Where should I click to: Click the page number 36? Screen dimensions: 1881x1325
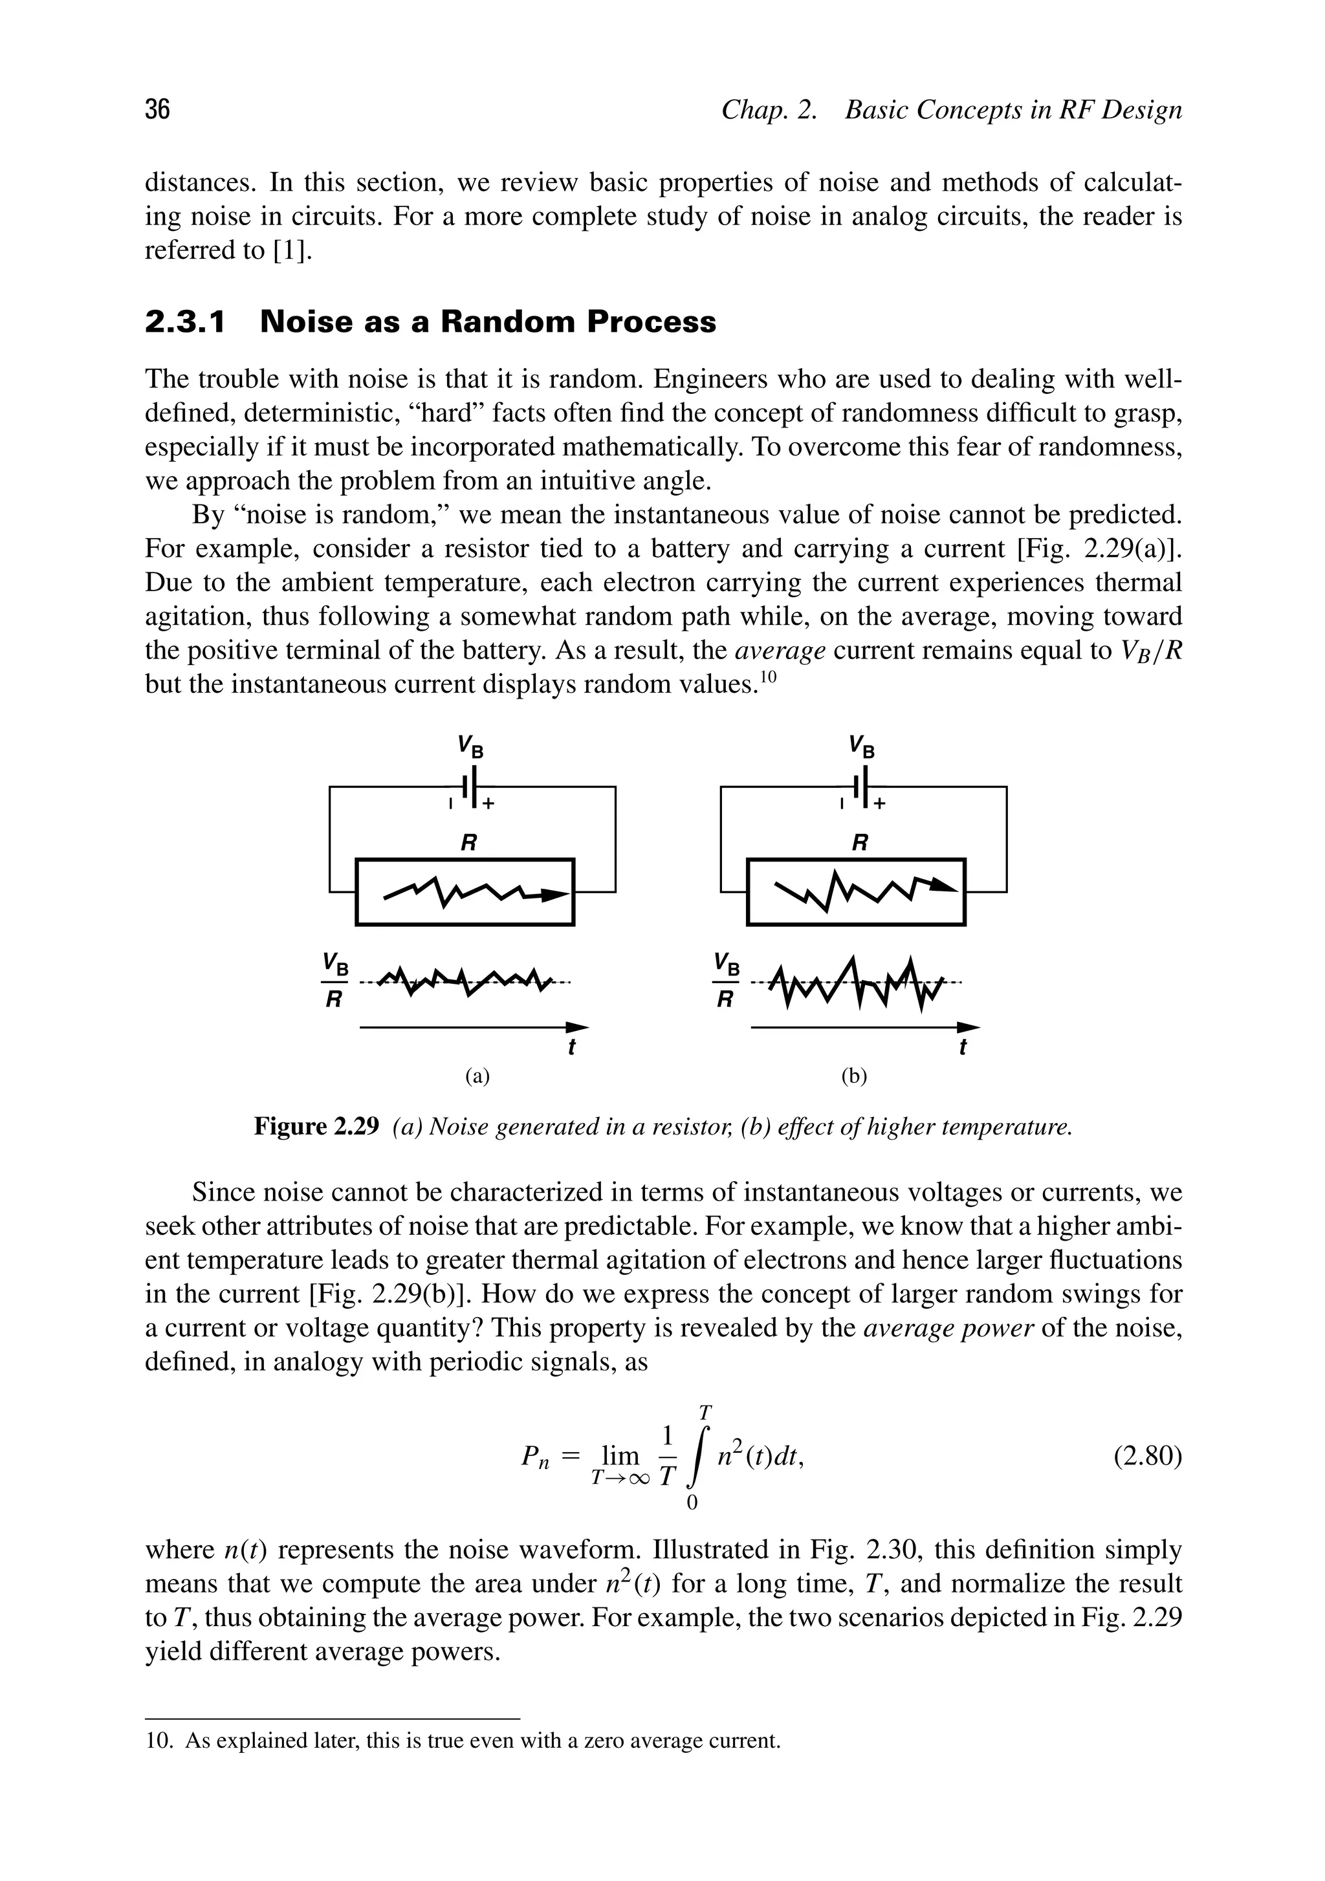pos(157,109)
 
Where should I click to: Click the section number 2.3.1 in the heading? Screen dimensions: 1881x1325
pos(184,322)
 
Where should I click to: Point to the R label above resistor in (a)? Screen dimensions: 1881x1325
pos(468,842)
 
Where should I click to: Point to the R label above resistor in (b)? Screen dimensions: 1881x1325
pos(860,842)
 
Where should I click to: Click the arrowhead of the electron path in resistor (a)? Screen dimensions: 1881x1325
pos(557,895)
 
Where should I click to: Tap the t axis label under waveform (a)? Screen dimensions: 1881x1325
pos(571,1047)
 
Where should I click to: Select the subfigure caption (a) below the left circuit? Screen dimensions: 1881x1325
pos(477,1076)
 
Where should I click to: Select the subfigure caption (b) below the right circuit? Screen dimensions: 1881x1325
pos(854,1076)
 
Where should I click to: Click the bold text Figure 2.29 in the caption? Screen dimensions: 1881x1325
pos(316,1127)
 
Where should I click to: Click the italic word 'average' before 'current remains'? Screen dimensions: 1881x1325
pos(780,651)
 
